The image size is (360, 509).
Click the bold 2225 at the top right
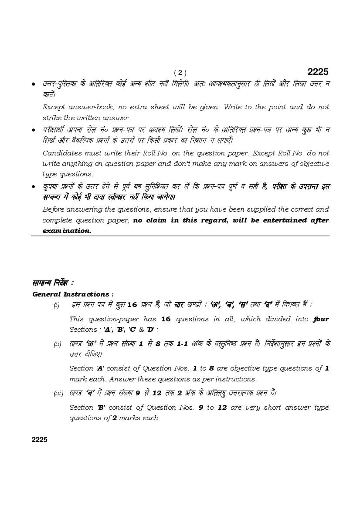318,72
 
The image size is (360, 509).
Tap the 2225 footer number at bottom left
40,439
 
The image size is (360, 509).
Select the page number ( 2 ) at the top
180,73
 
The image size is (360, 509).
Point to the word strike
52,118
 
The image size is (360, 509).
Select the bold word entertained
275,220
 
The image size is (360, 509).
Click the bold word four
321,319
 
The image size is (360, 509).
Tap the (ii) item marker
58,344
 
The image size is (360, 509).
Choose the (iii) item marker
58,394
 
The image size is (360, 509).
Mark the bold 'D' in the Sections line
150,330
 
